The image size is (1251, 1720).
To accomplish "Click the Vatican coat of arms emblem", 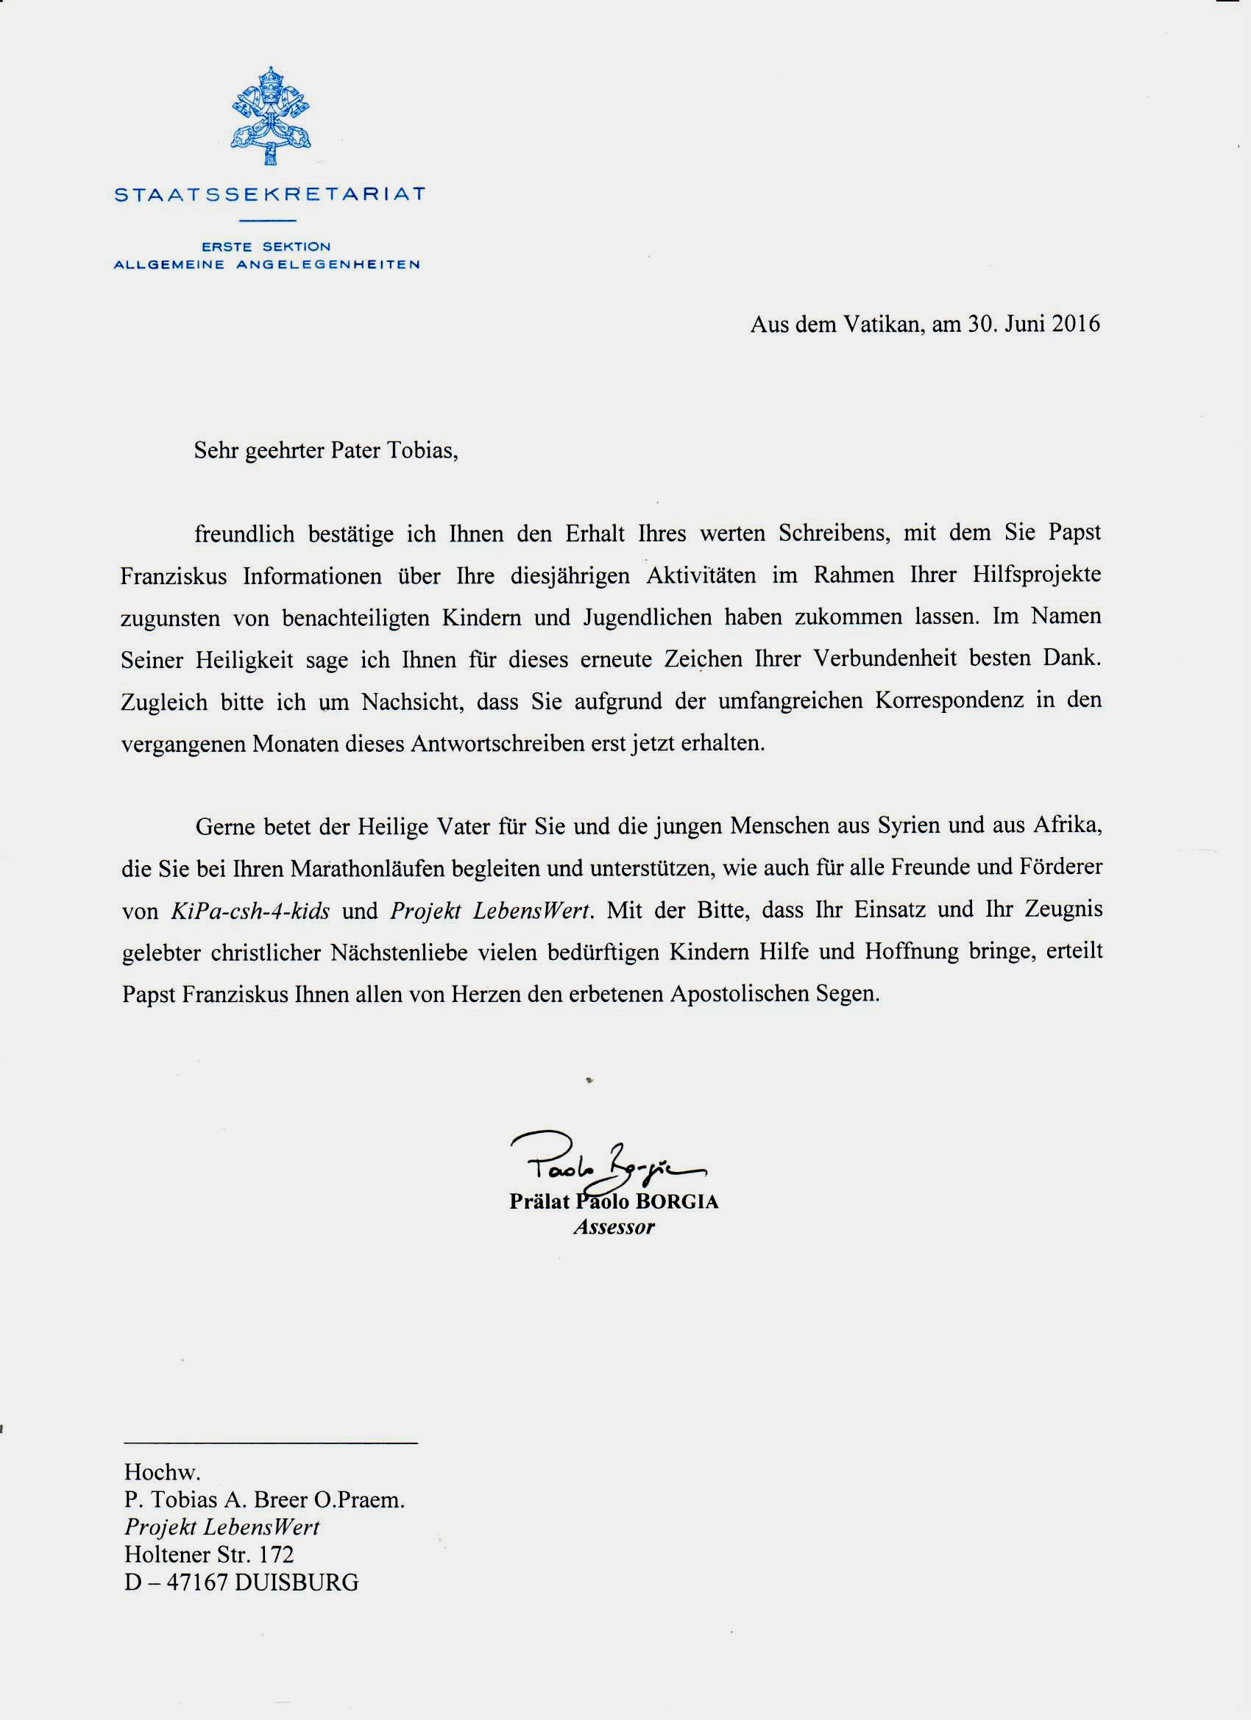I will coord(270,116).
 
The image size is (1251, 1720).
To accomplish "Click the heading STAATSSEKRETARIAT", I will coord(269,195).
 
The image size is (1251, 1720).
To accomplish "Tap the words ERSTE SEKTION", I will coord(266,246).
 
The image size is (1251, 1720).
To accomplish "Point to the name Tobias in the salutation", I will coord(422,450).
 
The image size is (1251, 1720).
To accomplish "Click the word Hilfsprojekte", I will coord(1036,575).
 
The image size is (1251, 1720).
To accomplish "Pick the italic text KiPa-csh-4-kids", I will coord(250,911).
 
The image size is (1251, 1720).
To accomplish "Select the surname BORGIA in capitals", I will coord(677,1201).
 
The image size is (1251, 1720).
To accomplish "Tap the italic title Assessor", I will coord(614,1227).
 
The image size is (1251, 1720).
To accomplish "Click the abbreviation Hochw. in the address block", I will coord(163,1473).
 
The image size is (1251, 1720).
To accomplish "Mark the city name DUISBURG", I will coord(297,1582).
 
